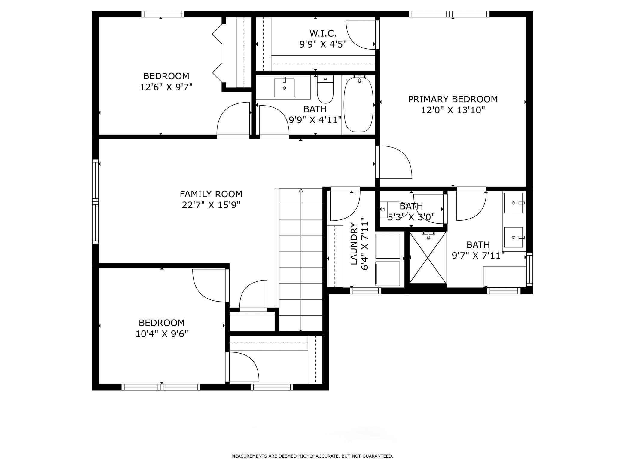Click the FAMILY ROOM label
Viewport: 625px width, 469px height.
[211, 194]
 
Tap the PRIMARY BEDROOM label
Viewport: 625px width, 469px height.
[453, 99]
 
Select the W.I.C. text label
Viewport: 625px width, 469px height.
[323, 33]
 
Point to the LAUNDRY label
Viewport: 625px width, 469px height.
[354, 244]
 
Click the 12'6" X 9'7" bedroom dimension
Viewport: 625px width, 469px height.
[166, 87]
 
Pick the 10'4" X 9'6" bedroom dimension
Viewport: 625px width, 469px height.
[162, 334]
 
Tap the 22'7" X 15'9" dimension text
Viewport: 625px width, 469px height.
[211, 205]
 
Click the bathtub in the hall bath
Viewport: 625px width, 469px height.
[358, 105]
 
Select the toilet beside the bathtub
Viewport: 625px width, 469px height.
[325, 89]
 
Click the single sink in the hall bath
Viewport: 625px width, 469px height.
[284, 87]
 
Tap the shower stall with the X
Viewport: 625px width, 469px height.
[427, 258]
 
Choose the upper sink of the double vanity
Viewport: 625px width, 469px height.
[514, 203]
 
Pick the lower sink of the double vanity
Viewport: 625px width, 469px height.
[514, 237]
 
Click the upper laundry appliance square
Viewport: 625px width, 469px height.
[388, 246]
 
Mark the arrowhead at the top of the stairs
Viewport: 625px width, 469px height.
[301, 190]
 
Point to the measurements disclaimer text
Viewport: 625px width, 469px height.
[312, 456]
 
